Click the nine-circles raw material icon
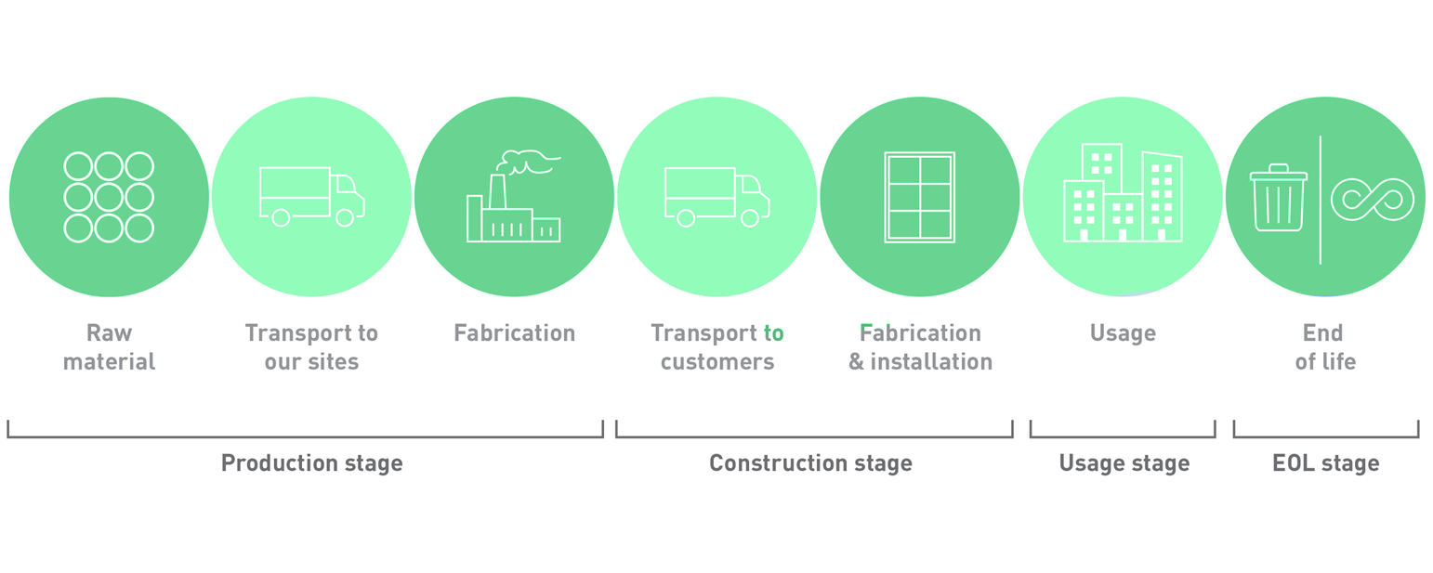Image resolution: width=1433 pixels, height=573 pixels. [x=109, y=197]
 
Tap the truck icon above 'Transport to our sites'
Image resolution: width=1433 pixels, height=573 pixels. [x=311, y=196]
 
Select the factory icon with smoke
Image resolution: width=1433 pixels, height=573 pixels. [x=514, y=196]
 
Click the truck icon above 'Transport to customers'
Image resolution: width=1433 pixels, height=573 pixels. [x=716, y=196]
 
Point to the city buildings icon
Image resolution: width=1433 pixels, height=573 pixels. [x=1123, y=192]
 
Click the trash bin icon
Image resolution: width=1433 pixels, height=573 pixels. [x=1278, y=198]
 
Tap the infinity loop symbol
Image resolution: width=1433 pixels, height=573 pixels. [x=1373, y=200]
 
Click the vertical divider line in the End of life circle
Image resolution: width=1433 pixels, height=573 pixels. [x=1321, y=200]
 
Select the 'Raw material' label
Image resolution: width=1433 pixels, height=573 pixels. [x=110, y=347]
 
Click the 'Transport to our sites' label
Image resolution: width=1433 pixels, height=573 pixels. [x=311, y=347]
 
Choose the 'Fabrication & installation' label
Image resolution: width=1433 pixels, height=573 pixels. [x=921, y=347]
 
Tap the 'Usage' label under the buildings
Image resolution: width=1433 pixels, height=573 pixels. [x=1123, y=333]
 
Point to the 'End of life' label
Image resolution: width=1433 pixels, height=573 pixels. [x=1325, y=347]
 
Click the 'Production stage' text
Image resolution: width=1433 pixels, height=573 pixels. [x=312, y=463]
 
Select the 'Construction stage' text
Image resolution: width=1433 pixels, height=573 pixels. [x=811, y=463]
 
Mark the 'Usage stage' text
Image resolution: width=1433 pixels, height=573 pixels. [x=1124, y=463]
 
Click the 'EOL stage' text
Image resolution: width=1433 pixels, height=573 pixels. [x=1326, y=463]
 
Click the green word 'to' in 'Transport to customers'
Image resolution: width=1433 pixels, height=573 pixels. [x=773, y=333]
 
